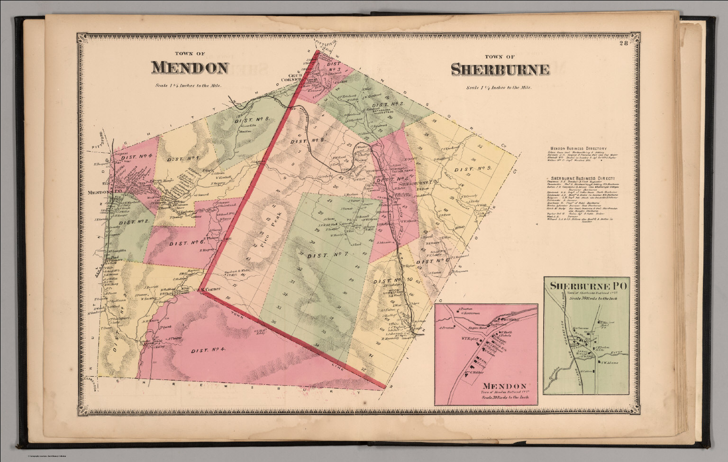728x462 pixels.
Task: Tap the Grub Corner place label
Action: pyautogui.click(x=298, y=76)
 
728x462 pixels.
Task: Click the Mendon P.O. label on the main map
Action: pyautogui.click(x=101, y=193)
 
